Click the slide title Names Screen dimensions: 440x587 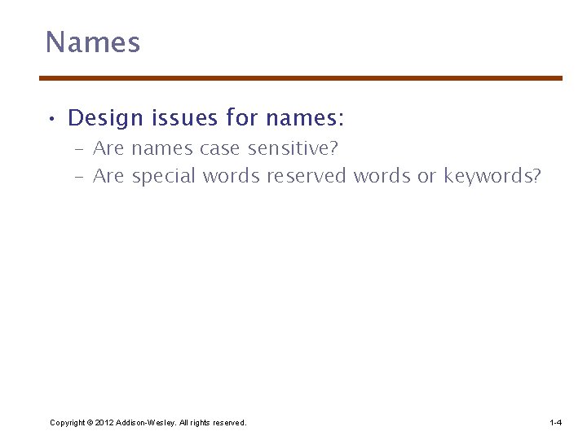pyautogui.click(x=93, y=42)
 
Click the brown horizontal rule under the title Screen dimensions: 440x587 pyautogui.click(x=301, y=78)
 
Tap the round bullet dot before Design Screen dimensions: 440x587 pyautogui.click(x=51, y=120)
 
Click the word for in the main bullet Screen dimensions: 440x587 pyautogui.click(x=242, y=119)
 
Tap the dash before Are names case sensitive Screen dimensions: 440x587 pyautogui.click(x=80, y=150)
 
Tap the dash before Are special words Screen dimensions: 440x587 pyautogui.click(x=80, y=177)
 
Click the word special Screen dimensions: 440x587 pyautogui.click(x=164, y=177)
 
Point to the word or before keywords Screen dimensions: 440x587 pyautogui.click(x=426, y=176)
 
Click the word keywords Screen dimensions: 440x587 pyautogui.click(x=492, y=177)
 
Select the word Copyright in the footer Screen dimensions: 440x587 pyautogui.click(x=68, y=422)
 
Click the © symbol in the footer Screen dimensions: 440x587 pyautogui.click(x=90, y=422)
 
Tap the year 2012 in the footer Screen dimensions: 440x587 pyautogui.click(x=104, y=422)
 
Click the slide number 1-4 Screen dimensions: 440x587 pyautogui.click(x=555, y=422)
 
